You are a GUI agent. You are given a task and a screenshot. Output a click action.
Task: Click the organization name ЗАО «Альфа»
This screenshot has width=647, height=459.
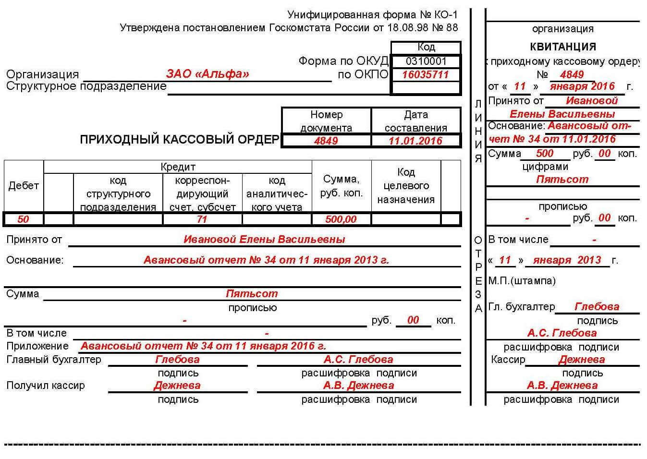(208, 74)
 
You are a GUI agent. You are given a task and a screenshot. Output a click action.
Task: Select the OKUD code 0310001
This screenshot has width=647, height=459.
(426, 61)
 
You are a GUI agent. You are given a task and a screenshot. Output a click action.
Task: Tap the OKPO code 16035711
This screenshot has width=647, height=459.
(425, 74)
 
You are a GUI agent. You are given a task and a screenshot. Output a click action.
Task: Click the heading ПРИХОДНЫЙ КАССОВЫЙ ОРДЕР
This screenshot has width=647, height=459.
(179, 139)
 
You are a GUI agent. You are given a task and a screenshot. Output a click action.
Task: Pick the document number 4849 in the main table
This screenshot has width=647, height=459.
(326, 141)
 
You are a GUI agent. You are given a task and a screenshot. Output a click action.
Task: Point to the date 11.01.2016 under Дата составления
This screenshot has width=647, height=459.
(415, 141)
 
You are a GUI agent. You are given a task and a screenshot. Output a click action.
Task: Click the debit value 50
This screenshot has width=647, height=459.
(23, 219)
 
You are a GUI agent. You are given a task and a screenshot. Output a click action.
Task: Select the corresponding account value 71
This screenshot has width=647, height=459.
(202, 219)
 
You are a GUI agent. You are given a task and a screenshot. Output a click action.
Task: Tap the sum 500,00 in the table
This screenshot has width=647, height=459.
(341, 219)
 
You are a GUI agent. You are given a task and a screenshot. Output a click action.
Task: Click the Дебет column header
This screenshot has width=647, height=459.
(24, 186)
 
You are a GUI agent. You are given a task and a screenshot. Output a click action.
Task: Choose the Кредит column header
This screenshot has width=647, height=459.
(178, 167)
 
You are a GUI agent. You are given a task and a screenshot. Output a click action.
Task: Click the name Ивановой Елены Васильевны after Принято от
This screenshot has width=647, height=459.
(264, 239)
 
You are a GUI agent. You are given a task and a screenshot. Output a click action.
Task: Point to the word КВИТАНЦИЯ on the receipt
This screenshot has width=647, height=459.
(563, 47)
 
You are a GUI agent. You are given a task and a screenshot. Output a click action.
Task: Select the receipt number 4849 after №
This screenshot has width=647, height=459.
(572, 74)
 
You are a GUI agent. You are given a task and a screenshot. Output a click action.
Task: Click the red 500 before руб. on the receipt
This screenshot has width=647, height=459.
(545, 153)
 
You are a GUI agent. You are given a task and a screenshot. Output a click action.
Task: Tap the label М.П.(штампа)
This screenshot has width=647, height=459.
(522, 281)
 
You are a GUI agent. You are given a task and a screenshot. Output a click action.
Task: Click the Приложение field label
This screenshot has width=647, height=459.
(37, 346)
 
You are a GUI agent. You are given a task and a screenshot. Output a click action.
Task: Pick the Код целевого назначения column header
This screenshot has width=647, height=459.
(406, 186)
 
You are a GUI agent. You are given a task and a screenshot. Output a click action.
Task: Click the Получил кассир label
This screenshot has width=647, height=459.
(46, 386)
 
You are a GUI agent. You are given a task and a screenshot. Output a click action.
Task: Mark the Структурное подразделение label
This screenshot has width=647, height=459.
(86, 86)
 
